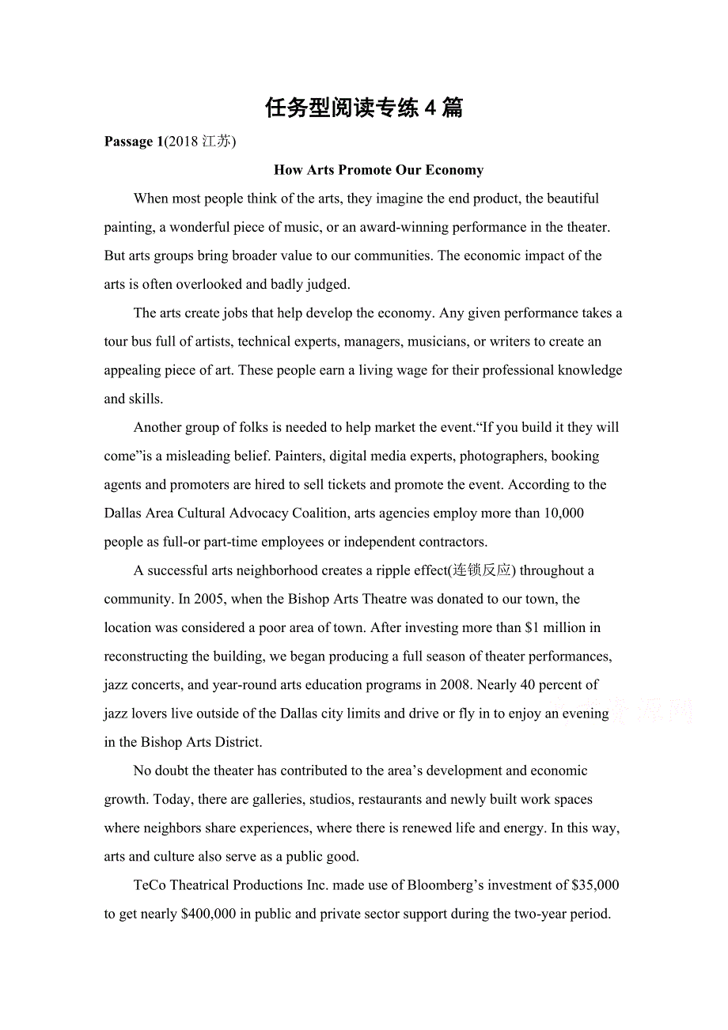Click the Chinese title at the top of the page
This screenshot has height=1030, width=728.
pos(364,108)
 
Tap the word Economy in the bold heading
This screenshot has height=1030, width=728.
pos(454,170)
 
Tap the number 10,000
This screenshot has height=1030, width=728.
pos(563,513)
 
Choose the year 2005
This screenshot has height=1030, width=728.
pos(210,599)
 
